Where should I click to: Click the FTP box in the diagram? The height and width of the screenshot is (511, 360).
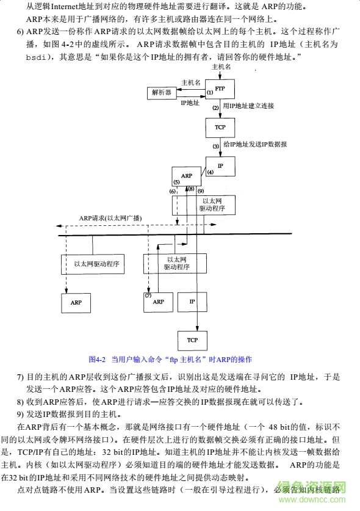tap(220, 89)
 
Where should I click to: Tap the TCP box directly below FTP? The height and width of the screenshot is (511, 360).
tap(220, 128)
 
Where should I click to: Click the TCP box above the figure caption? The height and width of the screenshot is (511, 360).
tap(192, 339)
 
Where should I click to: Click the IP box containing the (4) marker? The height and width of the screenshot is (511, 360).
tap(220, 165)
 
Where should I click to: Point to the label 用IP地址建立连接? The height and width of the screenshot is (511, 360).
tap(248, 106)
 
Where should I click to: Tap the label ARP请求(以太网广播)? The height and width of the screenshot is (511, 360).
tap(110, 218)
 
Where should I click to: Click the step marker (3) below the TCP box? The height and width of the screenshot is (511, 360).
tap(215, 147)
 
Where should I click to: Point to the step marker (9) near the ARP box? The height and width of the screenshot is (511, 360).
tap(200, 190)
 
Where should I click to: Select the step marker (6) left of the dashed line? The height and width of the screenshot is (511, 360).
tap(172, 191)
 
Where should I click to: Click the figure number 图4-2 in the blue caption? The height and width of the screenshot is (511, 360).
tap(98, 359)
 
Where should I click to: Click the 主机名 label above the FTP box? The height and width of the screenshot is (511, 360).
tap(220, 66)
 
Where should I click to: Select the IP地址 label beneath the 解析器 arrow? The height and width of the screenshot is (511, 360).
tap(190, 103)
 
